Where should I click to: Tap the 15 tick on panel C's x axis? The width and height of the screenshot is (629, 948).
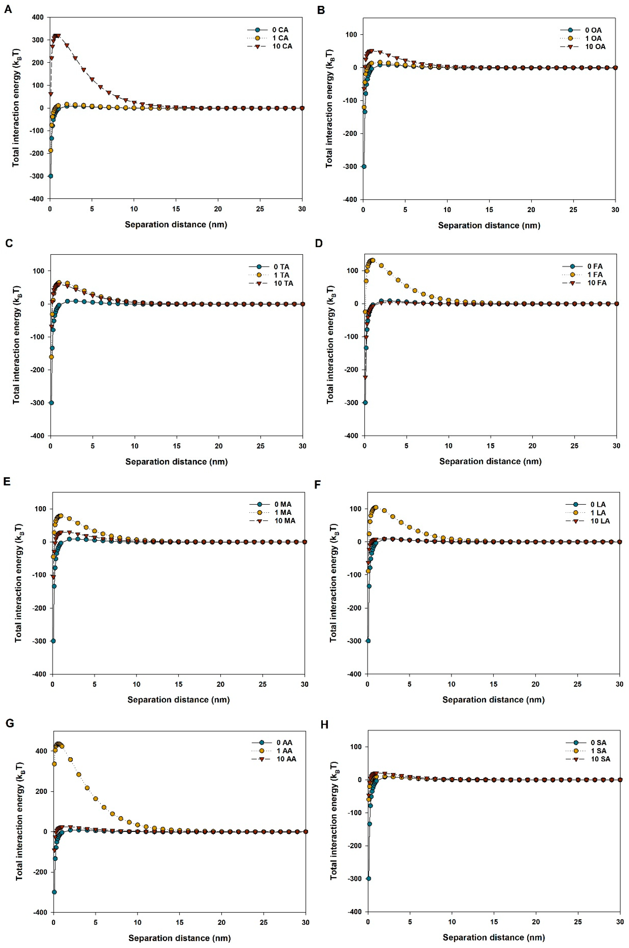point(177,446)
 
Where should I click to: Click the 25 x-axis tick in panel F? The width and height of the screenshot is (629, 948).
point(577,684)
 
